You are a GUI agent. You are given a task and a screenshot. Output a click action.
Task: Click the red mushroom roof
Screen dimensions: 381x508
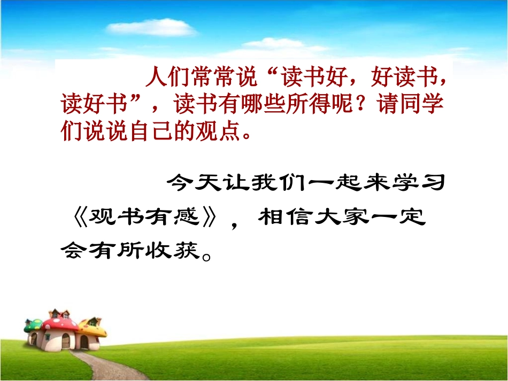coord(60,322)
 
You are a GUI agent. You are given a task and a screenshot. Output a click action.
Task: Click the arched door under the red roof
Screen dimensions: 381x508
coord(65,341)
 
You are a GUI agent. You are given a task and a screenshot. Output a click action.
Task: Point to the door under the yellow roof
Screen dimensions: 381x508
coord(84,341)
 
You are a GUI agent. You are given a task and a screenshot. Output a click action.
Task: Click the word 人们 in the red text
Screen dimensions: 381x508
coord(164,77)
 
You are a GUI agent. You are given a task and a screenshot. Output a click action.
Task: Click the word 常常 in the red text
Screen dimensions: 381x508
coord(210,77)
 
